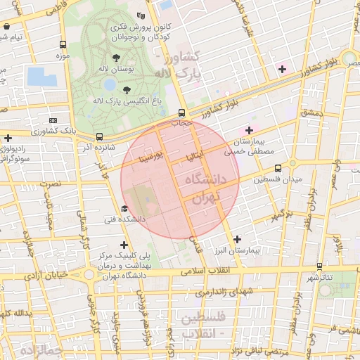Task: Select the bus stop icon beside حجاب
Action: [182, 112]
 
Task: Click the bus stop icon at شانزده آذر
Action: [99, 136]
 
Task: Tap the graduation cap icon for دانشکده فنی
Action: [124, 209]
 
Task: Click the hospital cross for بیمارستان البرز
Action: [237, 239]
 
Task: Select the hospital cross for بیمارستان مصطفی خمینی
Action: [248, 130]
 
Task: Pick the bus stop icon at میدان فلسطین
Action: [278, 168]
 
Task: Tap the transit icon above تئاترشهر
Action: [321, 266]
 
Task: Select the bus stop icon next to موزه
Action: [63, 42]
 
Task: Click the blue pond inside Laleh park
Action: [110, 84]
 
